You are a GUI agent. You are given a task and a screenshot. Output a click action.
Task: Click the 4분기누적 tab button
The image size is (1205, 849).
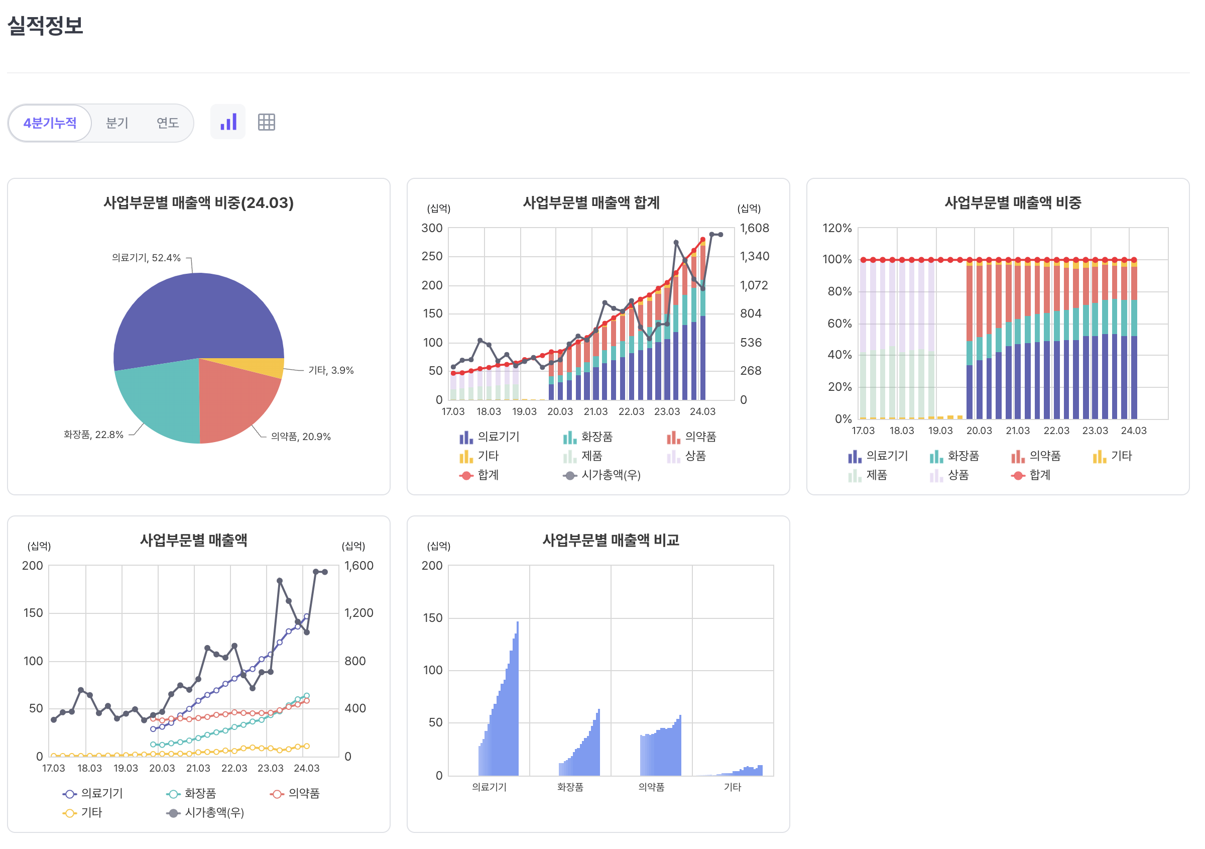click(50, 123)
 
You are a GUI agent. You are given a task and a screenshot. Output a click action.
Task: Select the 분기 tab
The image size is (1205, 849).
click(116, 123)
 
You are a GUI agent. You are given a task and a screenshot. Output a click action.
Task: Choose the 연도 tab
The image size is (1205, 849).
click(167, 123)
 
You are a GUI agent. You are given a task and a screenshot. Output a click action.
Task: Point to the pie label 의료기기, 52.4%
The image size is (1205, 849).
click(146, 258)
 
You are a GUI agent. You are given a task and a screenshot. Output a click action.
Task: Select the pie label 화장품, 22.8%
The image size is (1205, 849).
click(93, 434)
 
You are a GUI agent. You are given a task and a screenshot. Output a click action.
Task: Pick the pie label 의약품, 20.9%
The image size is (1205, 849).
click(301, 437)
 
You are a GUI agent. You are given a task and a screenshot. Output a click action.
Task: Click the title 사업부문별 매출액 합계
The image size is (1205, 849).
click(591, 202)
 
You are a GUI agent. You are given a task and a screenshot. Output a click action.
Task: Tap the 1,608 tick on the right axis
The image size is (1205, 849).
click(754, 228)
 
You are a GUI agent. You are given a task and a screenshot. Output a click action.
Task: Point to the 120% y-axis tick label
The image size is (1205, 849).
click(836, 228)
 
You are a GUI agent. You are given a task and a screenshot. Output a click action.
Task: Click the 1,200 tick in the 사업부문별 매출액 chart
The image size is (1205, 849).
click(358, 613)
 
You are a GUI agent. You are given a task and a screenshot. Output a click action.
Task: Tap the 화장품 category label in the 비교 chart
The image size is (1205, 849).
click(570, 787)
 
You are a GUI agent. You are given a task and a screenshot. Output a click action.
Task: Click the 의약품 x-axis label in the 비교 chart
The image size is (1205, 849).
click(651, 787)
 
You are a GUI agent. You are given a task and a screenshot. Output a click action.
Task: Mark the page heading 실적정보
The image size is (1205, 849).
click(45, 25)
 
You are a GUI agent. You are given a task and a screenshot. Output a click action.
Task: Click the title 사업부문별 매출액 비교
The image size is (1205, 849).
click(611, 540)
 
